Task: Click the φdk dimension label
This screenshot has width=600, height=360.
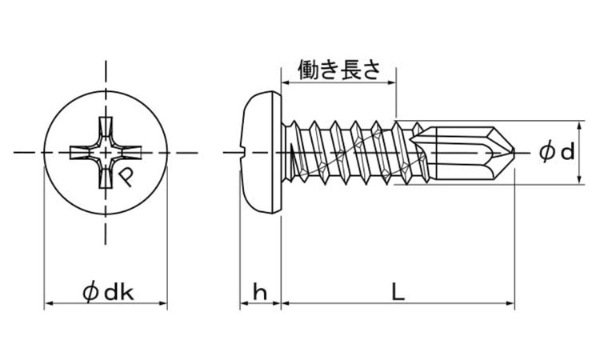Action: (x=106, y=293)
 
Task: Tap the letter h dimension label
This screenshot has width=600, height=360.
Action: (x=259, y=293)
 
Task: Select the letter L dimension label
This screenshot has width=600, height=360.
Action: (x=398, y=293)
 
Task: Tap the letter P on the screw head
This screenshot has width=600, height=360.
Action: (x=127, y=174)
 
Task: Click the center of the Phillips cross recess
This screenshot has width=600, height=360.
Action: (x=105, y=152)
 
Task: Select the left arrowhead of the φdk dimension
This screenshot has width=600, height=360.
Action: (x=46, y=304)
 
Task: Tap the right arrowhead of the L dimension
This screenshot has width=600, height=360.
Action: (x=510, y=304)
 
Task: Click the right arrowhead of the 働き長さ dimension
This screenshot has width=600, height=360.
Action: (x=393, y=82)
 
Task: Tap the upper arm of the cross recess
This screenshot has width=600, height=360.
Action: (x=105, y=128)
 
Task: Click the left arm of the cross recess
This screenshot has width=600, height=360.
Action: (x=81, y=152)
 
